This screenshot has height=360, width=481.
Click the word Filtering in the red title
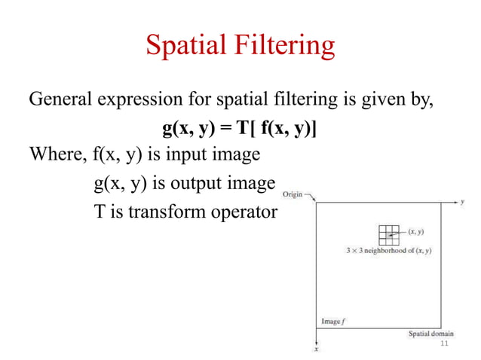[285, 47]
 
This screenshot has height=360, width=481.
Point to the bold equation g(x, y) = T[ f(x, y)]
[240, 129]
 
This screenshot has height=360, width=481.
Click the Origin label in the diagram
[292, 194]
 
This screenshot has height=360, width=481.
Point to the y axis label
[461, 202]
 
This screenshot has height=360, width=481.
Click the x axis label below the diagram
[317, 349]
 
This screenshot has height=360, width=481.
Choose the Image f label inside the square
[333, 322]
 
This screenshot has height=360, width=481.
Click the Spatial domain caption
[430, 334]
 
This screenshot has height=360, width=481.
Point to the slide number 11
[443, 343]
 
